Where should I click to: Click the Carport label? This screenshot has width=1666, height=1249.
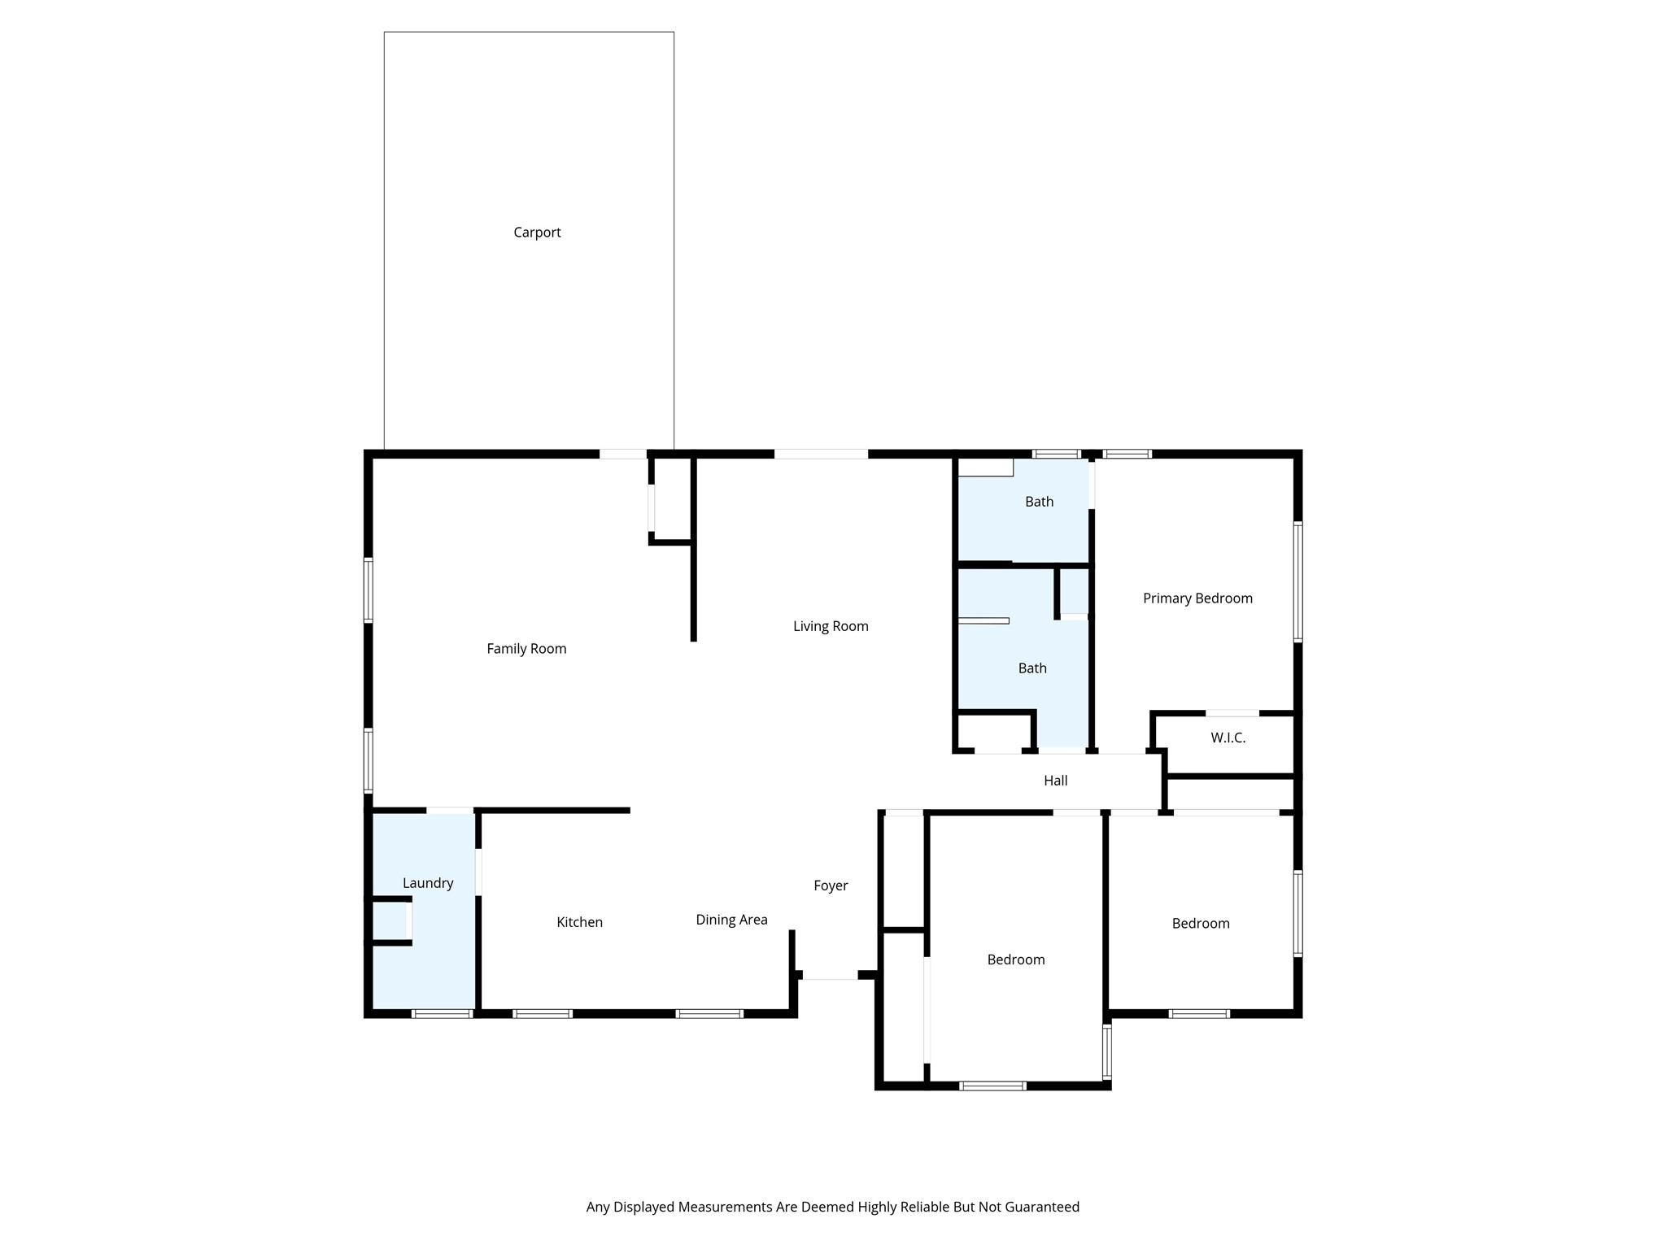tap(537, 233)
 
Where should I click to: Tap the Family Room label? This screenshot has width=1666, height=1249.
tap(526, 649)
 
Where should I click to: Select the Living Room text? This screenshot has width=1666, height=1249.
tap(831, 626)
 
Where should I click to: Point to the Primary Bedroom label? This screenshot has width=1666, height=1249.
tap(1197, 598)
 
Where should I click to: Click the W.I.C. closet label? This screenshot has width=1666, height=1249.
tap(1228, 738)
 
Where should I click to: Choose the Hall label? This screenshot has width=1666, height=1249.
tap(1055, 781)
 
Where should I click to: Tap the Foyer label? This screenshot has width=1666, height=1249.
tap(831, 886)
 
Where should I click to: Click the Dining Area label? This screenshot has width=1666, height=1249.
tap(731, 920)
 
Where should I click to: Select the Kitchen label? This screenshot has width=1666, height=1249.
tap(579, 922)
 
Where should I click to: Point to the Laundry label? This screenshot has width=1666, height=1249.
tap(428, 883)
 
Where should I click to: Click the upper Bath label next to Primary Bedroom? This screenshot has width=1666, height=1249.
tap(1039, 502)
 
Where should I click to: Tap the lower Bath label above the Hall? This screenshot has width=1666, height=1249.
tap(1032, 668)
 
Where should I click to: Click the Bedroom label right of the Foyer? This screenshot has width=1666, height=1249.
tap(1016, 960)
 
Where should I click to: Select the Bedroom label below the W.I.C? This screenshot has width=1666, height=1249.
tap(1200, 924)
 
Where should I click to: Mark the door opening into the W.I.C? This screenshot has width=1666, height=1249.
tap(1232, 713)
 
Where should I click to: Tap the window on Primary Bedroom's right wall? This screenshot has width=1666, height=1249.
tap(1297, 582)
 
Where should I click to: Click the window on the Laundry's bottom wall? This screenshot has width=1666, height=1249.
tap(442, 1014)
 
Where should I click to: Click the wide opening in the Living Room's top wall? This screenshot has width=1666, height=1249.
tap(821, 455)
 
